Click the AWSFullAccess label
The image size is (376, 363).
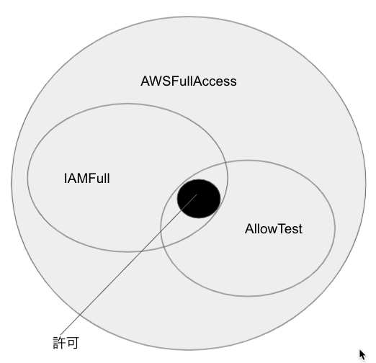[189, 81]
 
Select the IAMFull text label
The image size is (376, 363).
[87, 179]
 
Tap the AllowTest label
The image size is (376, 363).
[274, 229]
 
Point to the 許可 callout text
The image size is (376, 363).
[66, 343]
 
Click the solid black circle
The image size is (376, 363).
[199, 199]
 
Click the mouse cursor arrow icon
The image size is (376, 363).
[362, 355]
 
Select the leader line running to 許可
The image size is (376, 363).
[128, 264]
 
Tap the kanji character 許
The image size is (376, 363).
[59, 343]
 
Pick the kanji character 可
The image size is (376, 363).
[73, 343]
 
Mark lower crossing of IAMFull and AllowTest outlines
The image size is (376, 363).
[164, 246]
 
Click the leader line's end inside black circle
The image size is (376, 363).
[197, 194]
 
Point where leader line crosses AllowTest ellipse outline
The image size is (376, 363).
[161, 232]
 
